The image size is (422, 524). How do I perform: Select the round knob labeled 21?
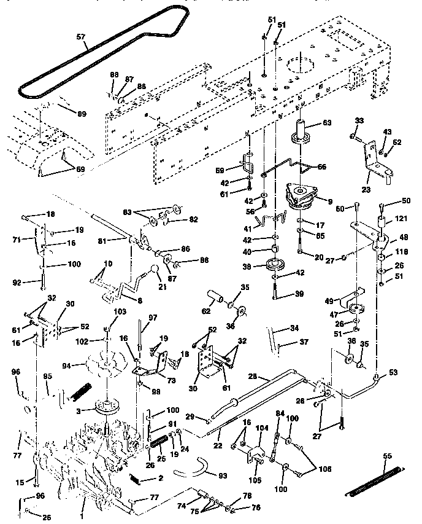point(152,272)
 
